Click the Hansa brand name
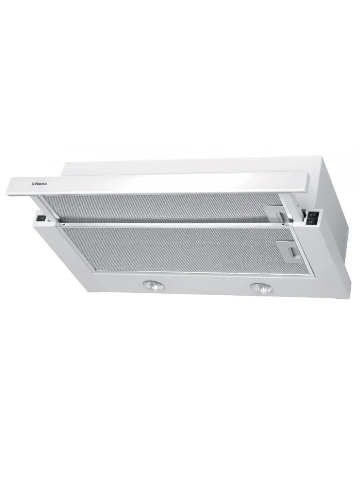click(41, 184)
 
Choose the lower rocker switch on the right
click(311, 222)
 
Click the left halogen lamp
click(154, 285)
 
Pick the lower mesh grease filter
click(186, 249)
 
